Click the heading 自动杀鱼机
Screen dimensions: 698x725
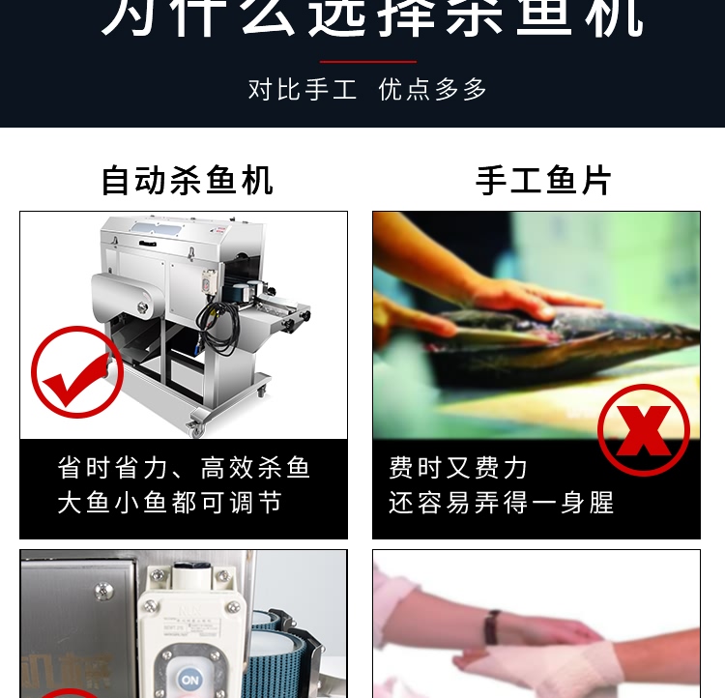tap(187, 181)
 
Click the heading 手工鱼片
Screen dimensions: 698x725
tap(544, 181)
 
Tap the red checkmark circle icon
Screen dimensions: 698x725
tap(77, 372)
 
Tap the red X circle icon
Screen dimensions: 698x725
tap(643, 430)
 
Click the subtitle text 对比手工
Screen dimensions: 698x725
tap(303, 90)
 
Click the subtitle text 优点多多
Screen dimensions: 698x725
tap(433, 90)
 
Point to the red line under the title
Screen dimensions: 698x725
tap(367, 62)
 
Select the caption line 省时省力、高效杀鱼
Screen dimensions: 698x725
tap(184, 469)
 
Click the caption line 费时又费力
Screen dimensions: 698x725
tap(458, 469)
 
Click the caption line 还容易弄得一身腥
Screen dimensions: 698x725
tap(502, 504)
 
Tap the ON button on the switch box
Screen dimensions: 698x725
tap(190, 680)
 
